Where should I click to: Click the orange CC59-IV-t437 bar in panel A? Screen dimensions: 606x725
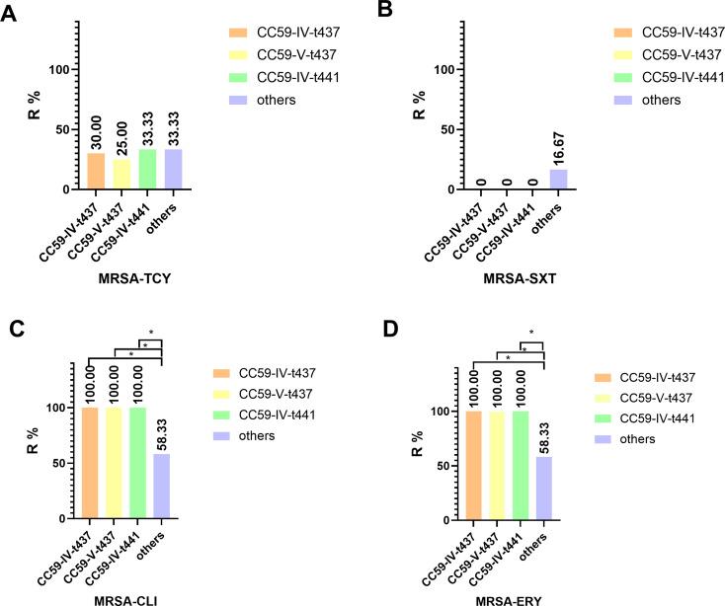tap(95, 171)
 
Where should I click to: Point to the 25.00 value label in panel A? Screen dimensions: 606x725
tap(121, 135)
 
